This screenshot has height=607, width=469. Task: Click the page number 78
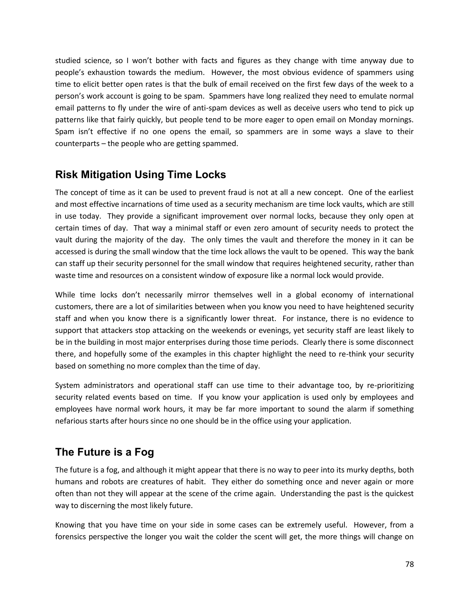[409, 564]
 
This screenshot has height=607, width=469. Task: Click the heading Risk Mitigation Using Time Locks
[140, 175]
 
